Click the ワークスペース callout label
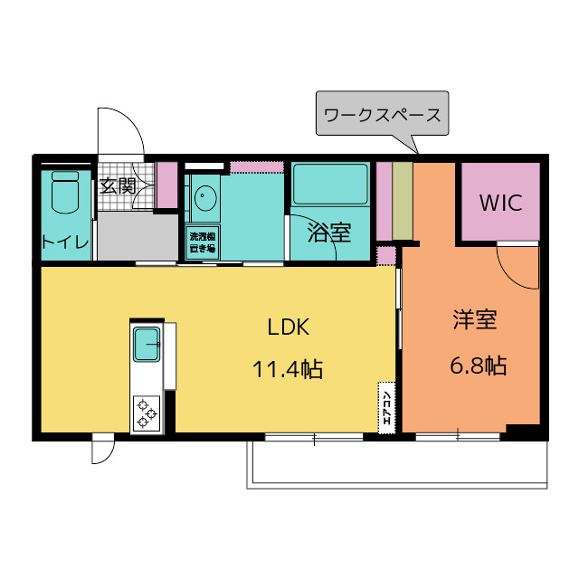383,115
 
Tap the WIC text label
500,203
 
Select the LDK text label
288,326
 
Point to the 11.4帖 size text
288,368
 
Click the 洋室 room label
475,319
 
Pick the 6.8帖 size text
478,365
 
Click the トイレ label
64,242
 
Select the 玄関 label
118,187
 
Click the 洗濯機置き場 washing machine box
202,242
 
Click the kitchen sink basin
147,344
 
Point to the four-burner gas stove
146,414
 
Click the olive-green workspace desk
403,202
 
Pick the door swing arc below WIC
517,267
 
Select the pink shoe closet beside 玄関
166,185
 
